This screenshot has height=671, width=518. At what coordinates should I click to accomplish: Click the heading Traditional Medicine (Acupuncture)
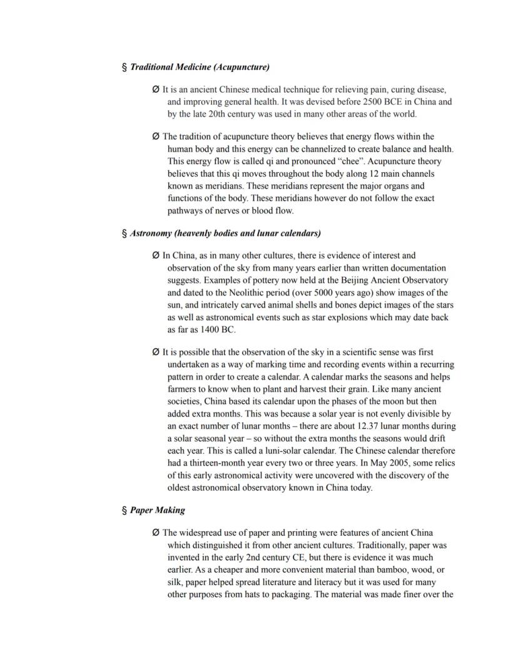tap(200, 67)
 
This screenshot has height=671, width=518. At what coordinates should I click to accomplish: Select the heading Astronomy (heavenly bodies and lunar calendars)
tap(225, 233)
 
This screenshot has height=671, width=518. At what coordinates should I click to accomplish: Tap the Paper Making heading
tap(157, 510)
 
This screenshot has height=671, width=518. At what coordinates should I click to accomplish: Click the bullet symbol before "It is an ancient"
tap(156, 90)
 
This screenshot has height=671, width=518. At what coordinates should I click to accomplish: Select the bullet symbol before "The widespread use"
tap(156, 533)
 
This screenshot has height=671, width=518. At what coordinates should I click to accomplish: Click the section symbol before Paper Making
tap(124, 511)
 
